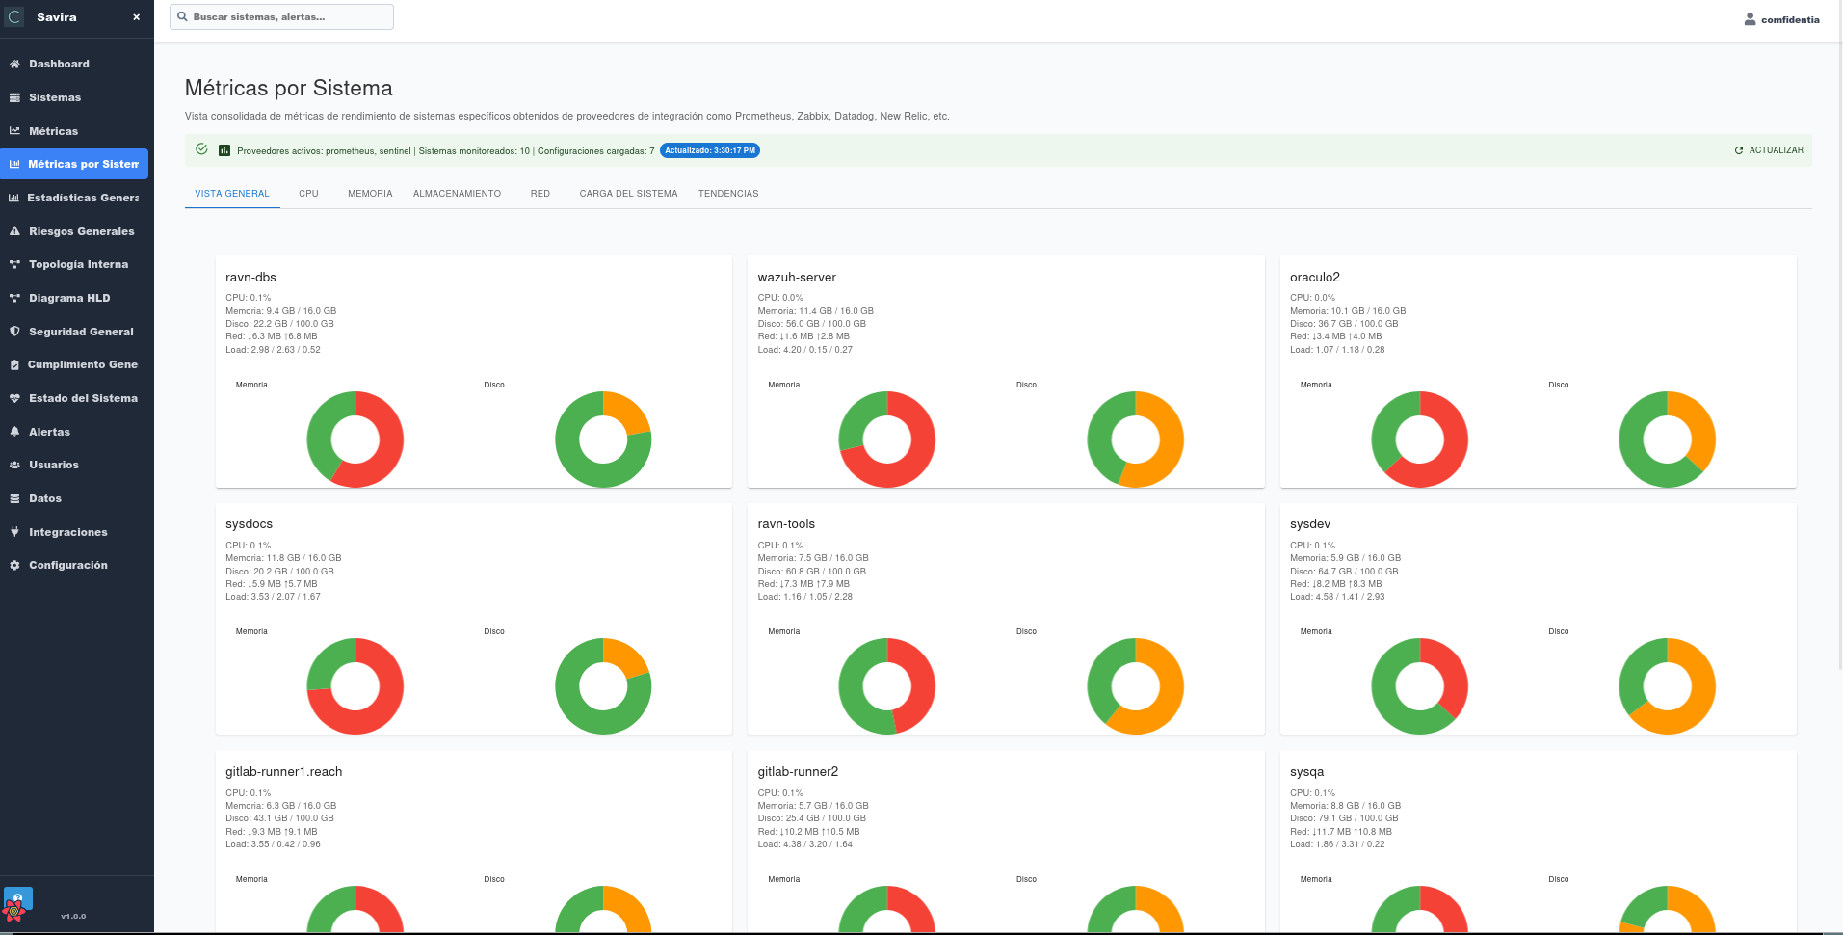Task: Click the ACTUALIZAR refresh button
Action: coord(1769,150)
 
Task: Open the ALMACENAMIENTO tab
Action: coord(457,194)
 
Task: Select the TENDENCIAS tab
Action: coord(728,194)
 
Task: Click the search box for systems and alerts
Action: coord(281,17)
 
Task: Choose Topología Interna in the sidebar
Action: coord(78,264)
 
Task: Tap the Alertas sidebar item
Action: coord(49,432)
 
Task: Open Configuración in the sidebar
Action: coord(67,565)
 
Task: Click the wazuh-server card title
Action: coord(797,278)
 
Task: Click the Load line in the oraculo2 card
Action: coord(1337,350)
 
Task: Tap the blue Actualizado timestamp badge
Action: coord(710,150)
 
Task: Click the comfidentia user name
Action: coord(1789,19)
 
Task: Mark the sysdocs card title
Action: coord(250,524)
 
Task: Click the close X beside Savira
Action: coord(136,17)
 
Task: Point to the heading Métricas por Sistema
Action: coord(289,89)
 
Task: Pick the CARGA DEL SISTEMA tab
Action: coord(628,194)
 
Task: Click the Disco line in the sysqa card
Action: coord(1343,818)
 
